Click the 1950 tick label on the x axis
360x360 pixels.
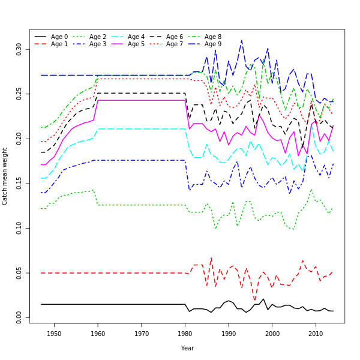(x=54, y=334)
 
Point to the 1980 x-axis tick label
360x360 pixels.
(x=185, y=334)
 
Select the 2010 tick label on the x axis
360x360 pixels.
(x=316, y=334)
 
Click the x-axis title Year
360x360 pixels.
(x=187, y=348)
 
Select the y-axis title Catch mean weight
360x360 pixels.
(x=5, y=176)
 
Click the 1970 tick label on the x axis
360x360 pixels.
(x=142, y=334)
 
